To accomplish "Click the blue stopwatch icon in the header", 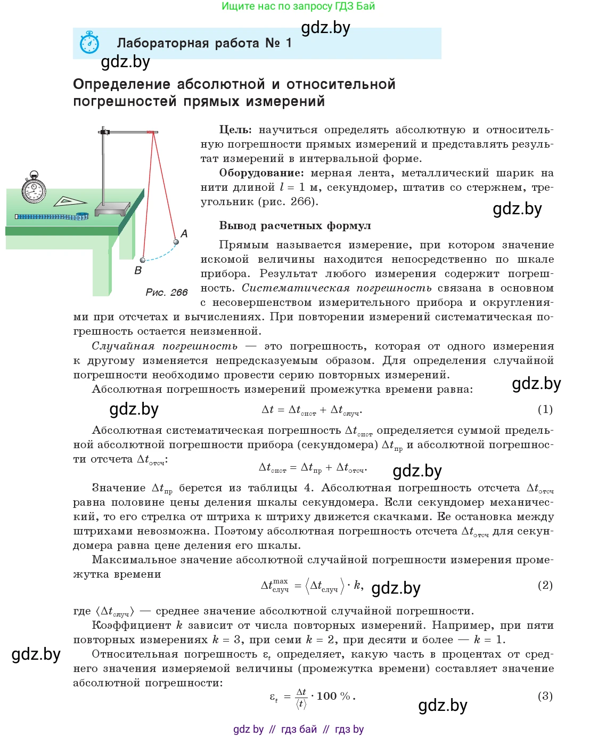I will tap(89, 43).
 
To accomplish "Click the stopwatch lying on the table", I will tap(34, 189).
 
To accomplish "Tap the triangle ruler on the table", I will tap(70, 201).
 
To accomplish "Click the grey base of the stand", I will tap(112, 208).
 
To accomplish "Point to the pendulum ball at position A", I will tap(176, 242).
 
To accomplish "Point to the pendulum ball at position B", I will tap(142, 260).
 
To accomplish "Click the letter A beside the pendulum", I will tap(184, 233).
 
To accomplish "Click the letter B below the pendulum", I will tap(138, 270).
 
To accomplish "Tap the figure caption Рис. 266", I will tap(166, 292).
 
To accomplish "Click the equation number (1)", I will tap(545, 409).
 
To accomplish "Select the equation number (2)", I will tap(545, 585).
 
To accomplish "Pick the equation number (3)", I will tap(545, 696).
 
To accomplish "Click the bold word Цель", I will tap(235, 130).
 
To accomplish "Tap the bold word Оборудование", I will tap(261, 173).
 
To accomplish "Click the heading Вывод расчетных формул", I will tap(295, 226).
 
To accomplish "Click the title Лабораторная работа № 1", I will tap(204, 43).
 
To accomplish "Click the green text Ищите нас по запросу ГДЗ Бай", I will tap(298, 6).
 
